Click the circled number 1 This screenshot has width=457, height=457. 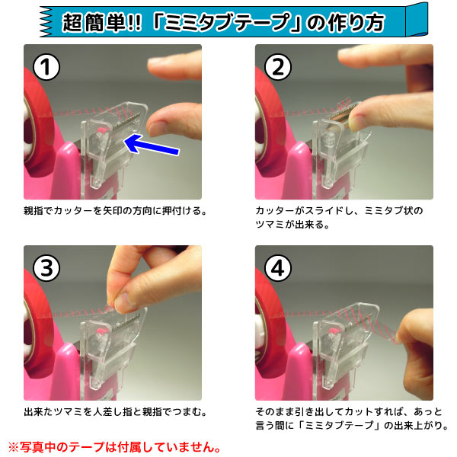(x=46, y=67)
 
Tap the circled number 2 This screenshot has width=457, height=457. (x=278, y=67)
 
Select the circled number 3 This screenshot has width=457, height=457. (x=46, y=268)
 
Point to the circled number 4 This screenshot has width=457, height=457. (x=278, y=268)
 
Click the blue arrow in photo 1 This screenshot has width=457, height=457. (x=152, y=144)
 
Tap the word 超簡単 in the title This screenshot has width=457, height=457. (x=94, y=23)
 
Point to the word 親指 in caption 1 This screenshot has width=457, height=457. (x=34, y=210)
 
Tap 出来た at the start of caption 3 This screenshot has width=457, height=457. (x=39, y=412)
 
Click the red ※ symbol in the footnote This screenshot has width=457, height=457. (x=14, y=447)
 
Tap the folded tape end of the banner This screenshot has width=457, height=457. (x=417, y=19)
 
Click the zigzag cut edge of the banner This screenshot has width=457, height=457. (x=46, y=22)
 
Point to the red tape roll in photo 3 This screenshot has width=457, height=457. (x=38, y=321)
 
